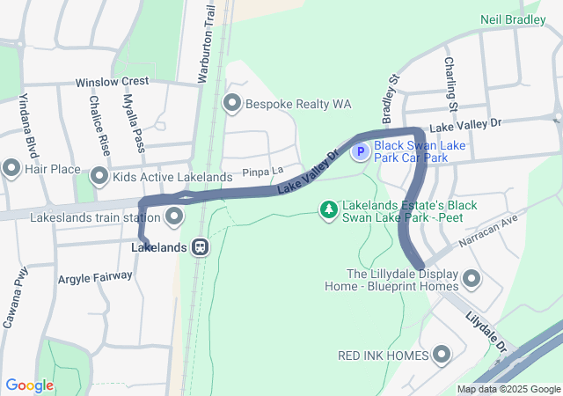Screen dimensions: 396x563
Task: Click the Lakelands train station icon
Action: click(201, 247)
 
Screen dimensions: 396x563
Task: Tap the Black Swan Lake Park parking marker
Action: click(360, 152)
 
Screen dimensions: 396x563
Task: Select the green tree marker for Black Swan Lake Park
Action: click(329, 209)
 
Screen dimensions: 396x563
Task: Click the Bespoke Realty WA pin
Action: click(232, 104)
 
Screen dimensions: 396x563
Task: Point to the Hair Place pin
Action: click(11, 167)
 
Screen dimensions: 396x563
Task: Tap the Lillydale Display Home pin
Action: click(472, 280)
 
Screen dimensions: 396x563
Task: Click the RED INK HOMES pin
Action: click(441, 355)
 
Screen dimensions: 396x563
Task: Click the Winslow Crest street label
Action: click(112, 82)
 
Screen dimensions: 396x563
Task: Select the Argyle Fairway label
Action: click(95, 277)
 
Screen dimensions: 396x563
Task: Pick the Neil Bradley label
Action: click(513, 19)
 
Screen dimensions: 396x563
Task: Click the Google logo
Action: click(29, 385)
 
